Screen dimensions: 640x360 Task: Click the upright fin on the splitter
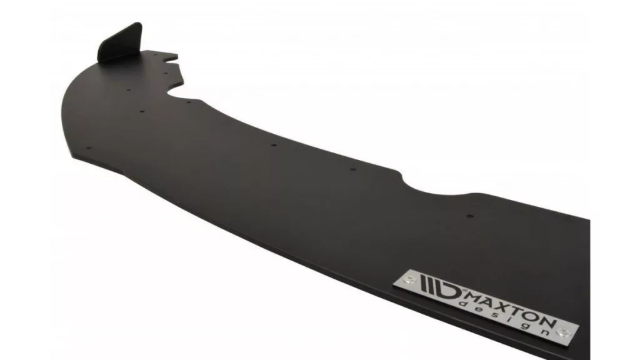121,43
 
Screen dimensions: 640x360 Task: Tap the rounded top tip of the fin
137,24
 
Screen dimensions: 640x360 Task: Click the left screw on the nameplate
409,279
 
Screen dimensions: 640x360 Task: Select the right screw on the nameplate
563,331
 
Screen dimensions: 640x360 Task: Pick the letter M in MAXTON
471,294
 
